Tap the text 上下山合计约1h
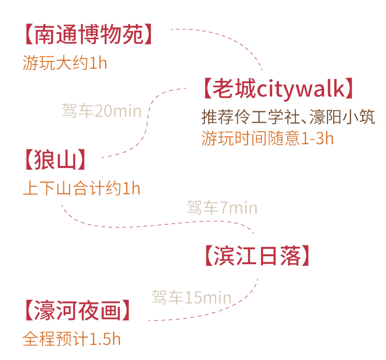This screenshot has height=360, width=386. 81,189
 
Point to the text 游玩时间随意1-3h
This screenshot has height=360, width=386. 267,138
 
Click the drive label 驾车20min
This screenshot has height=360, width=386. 102,111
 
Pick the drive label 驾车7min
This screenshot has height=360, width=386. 222,208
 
